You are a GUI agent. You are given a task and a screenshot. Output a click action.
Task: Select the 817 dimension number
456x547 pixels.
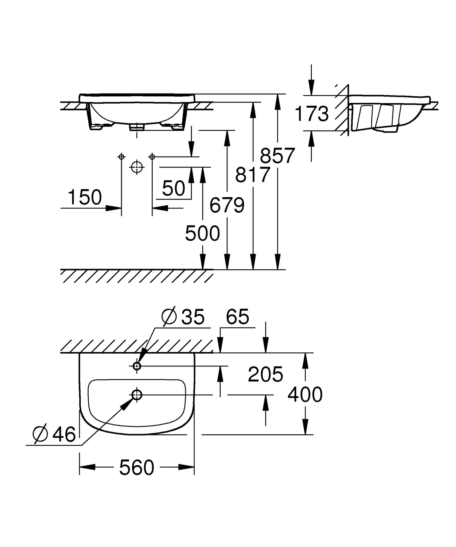click(253, 175)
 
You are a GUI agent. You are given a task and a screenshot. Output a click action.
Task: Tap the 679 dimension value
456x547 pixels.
click(227, 205)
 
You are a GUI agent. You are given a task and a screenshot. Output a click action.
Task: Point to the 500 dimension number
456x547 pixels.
click(202, 233)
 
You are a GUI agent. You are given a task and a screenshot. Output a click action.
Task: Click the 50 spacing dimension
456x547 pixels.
click(174, 188)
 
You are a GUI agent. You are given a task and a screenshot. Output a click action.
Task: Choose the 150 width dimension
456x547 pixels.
click(85, 197)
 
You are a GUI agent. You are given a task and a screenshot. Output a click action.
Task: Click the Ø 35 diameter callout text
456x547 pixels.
click(183, 317)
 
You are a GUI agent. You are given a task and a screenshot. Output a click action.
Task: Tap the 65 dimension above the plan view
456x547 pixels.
click(237, 317)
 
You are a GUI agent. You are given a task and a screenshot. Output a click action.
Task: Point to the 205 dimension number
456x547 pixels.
click(265, 374)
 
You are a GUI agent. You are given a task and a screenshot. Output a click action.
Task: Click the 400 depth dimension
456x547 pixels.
click(305, 394)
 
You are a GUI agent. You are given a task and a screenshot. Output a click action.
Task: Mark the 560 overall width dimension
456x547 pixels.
click(137, 468)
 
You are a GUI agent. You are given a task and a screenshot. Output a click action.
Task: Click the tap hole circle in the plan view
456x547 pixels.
click(137, 366)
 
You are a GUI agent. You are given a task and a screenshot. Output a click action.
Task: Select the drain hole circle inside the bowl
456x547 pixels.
click(137, 394)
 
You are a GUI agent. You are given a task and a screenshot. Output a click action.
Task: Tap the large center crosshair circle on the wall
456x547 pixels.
click(137, 167)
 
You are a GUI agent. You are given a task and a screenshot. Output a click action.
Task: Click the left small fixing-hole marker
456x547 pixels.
click(121, 157)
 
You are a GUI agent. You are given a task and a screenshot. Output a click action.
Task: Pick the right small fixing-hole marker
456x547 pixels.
click(152, 157)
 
